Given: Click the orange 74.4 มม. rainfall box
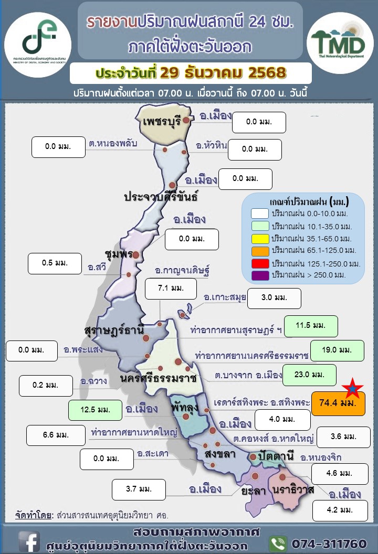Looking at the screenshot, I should tap(338, 404).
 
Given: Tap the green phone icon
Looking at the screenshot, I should tap(278, 543).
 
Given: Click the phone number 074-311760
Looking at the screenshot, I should tap(328, 543).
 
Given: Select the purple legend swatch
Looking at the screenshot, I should tap(260, 274).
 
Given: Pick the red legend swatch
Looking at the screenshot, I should tap(260, 262).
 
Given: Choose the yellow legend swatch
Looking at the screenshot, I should tap(260, 238).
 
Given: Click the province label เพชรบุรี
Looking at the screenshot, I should tap(162, 121).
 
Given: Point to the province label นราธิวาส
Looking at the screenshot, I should tap(293, 490).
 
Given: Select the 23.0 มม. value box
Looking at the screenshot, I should tap(309, 375).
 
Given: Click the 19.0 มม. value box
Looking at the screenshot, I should tap(337, 350).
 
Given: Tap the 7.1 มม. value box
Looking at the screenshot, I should tap(171, 288).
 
